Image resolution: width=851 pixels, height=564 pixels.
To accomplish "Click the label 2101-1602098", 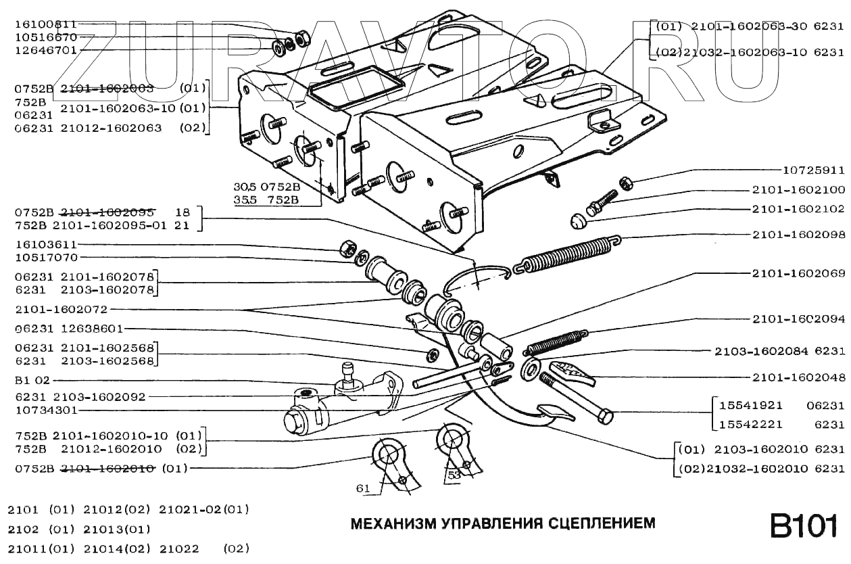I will pyautogui.click(x=798, y=235).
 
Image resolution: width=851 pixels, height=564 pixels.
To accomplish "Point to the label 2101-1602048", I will pyautogui.click(x=798, y=377).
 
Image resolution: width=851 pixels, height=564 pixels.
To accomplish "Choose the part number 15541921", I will pyautogui.click(x=750, y=406).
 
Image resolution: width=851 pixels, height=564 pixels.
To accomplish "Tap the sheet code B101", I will pyautogui.click(x=804, y=526).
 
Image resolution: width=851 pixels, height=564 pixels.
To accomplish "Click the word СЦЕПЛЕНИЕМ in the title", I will pyautogui.click(x=601, y=523).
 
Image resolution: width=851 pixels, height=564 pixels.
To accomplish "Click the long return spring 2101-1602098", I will pyautogui.click(x=568, y=254).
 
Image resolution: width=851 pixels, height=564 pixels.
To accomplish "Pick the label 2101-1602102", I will pyautogui.click(x=798, y=209).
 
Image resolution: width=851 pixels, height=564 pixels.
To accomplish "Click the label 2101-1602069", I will pyautogui.click(x=798, y=274).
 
